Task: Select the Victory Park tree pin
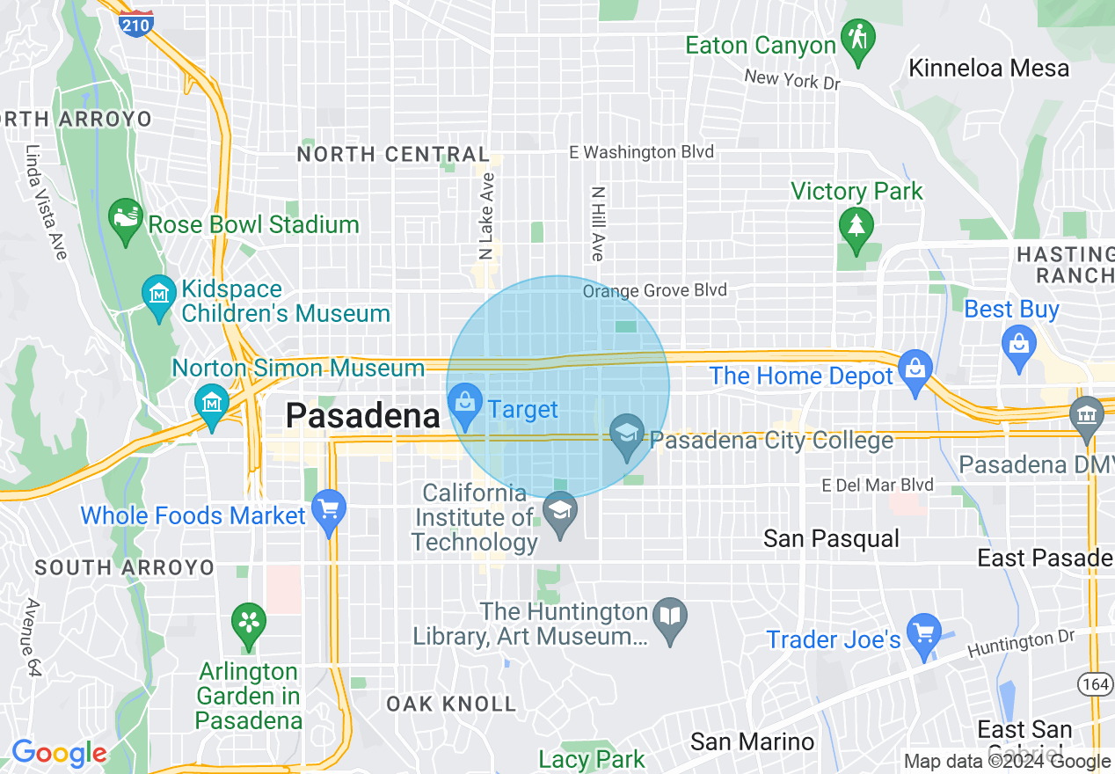pyautogui.click(x=856, y=227)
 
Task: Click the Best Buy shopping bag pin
pyautogui.click(x=1018, y=343)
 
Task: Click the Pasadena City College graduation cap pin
pyautogui.click(x=627, y=436)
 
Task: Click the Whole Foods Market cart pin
pyautogui.click(x=329, y=511)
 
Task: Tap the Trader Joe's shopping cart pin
pyautogui.click(x=923, y=636)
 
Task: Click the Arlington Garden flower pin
pyautogui.click(x=249, y=624)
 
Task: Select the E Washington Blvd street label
pyautogui.click(x=641, y=152)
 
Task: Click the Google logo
pyautogui.click(x=59, y=753)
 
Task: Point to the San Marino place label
pyautogui.click(x=752, y=741)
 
